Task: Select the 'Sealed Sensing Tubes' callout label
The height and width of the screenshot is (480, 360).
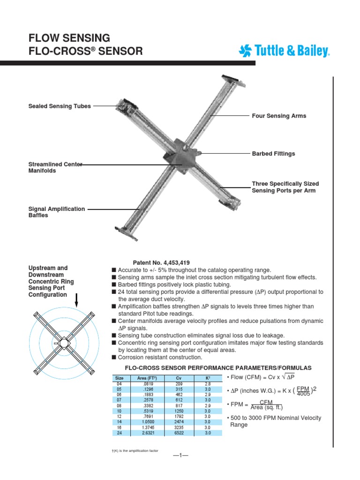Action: pos(60,106)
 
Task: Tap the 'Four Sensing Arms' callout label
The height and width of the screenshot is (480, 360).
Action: pos(279,116)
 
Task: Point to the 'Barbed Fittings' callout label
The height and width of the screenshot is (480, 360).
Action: pos(273,154)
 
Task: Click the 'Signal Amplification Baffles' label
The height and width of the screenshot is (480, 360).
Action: pos(57,212)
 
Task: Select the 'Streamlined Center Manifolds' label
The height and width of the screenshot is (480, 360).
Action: pos(56,167)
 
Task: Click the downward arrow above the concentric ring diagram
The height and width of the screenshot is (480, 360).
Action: pos(77,298)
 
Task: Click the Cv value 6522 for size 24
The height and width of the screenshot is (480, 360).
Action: pos(179,434)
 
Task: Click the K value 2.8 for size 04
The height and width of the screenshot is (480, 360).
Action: pos(208,383)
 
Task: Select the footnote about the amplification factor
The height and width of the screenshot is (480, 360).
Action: pos(135,450)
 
